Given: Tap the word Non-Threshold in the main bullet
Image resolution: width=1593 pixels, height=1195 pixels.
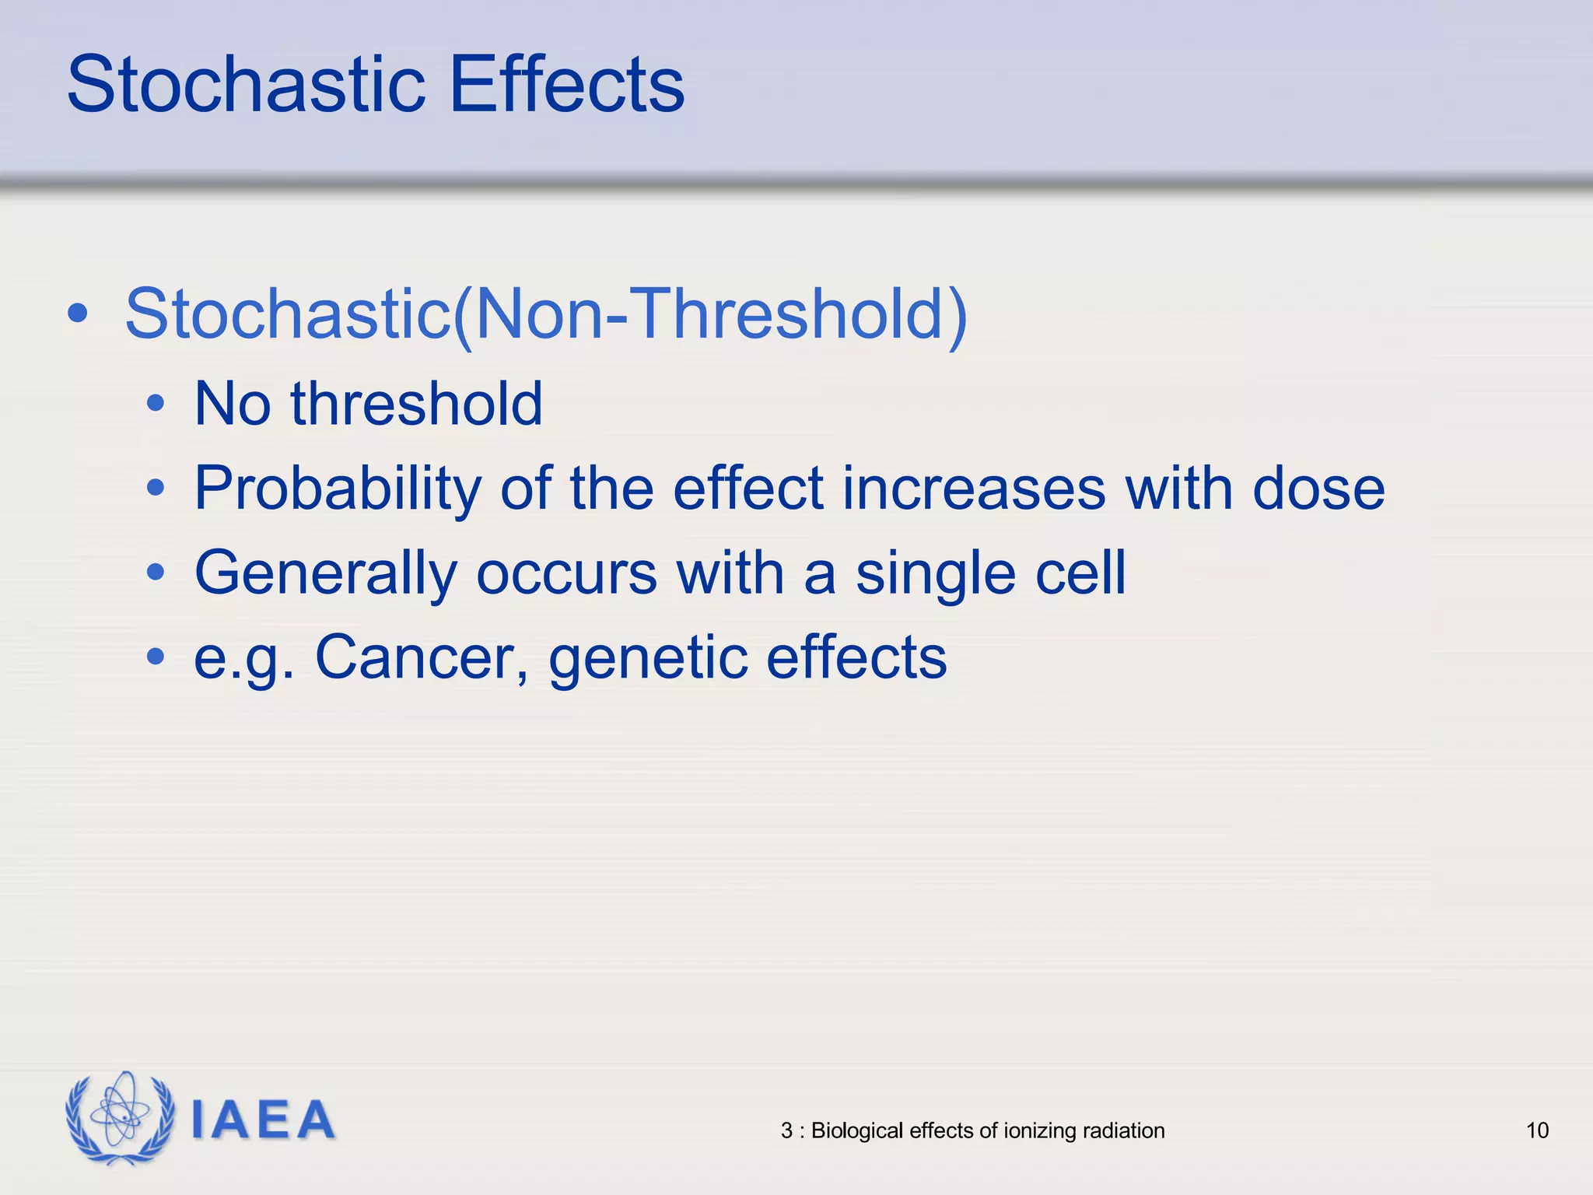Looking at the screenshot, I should point(708,314).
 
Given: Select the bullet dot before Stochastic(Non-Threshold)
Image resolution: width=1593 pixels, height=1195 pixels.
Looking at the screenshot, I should point(77,314).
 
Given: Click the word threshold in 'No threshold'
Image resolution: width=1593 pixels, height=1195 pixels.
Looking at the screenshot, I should point(416,404).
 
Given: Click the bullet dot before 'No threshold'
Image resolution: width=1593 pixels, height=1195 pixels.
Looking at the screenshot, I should point(156,404).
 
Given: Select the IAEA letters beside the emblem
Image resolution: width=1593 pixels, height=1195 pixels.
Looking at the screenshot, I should point(262,1120).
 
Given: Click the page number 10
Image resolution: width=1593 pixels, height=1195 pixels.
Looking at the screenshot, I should point(1537,1130).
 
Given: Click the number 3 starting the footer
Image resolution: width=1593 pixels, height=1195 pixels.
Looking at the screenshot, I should point(786,1130).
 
